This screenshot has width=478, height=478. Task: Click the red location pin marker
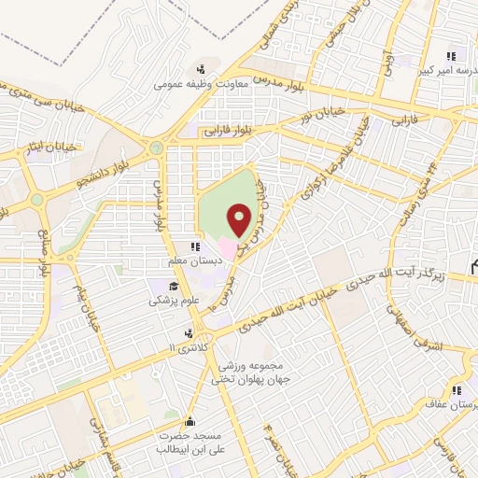[x=241, y=220]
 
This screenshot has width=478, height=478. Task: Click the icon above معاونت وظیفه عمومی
[x=200, y=68]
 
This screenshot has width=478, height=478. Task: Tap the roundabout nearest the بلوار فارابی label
[x=156, y=148]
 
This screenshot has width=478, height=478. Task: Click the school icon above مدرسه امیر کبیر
[x=453, y=54]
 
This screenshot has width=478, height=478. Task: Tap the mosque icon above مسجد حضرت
[x=190, y=421]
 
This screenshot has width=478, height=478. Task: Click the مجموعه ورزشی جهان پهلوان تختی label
[x=249, y=373]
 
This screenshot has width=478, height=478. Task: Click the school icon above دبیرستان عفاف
[x=457, y=391]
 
